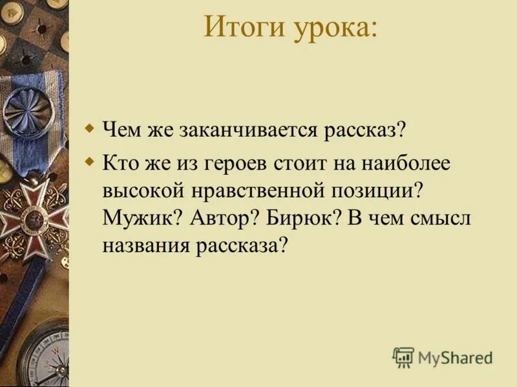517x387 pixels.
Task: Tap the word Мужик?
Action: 142,219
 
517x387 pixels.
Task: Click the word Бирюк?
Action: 303,219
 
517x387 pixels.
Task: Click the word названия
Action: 145,246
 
